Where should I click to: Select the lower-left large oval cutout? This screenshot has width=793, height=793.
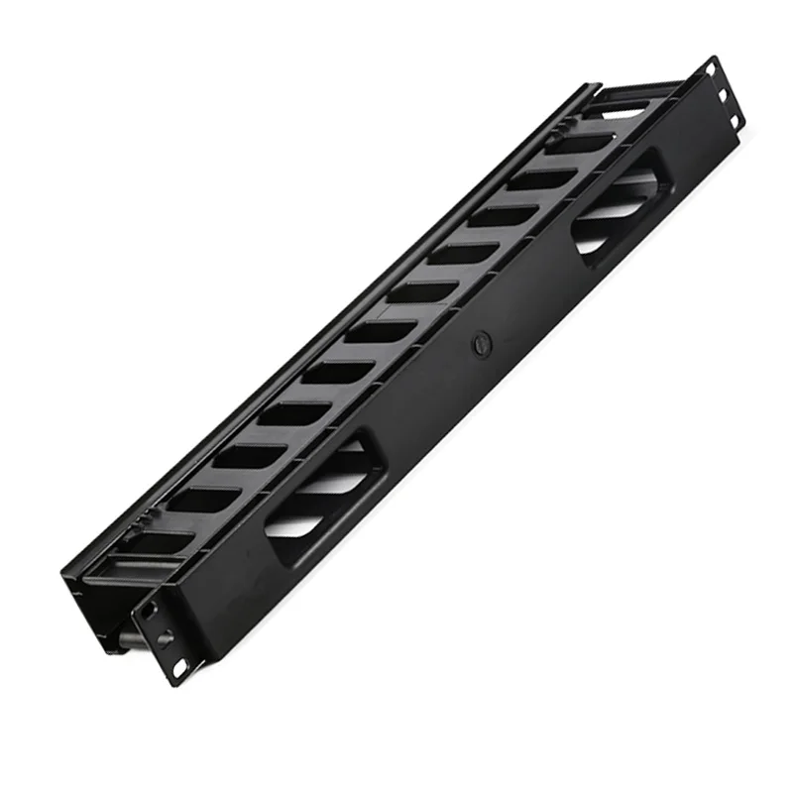click(318, 481)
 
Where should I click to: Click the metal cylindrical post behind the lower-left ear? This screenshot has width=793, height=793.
click(130, 635)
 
